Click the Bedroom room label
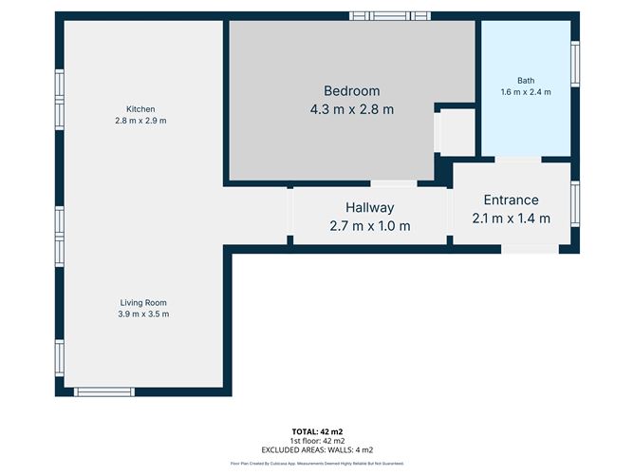point(351,91)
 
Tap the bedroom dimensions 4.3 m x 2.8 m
point(351,109)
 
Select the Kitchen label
point(140,109)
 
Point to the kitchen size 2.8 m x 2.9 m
point(140,122)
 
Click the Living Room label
point(143,303)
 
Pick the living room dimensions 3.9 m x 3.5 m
point(143,314)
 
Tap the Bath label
point(526,81)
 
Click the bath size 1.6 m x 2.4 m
point(526,92)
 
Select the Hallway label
point(369,208)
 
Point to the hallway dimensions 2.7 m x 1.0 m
point(369,226)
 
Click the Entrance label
point(511,200)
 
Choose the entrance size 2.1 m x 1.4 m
point(511,219)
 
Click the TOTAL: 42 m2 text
point(317,431)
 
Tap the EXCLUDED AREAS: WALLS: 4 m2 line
point(317,449)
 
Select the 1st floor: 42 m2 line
point(317,441)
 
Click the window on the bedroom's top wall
point(389,16)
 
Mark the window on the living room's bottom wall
point(104,391)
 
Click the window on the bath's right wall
point(574,65)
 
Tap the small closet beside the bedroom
point(457,132)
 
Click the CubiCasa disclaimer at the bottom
point(317,464)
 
